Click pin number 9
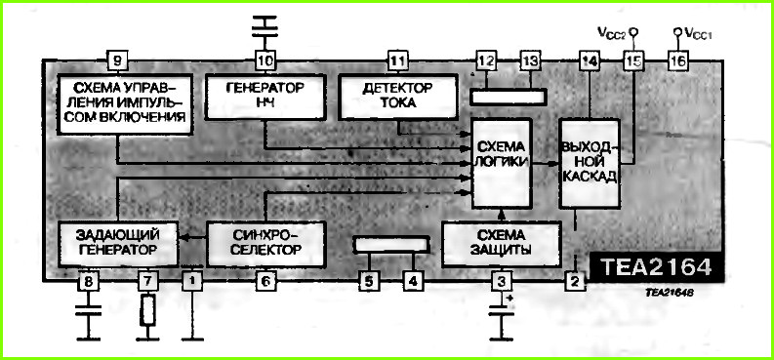click(117, 61)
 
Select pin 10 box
click(265, 61)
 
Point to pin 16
click(679, 61)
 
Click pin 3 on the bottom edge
click(502, 282)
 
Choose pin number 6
click(265, 282)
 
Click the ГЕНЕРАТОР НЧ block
click(265, 97)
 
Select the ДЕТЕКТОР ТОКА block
click(397, 97)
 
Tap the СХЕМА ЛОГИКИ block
click(502, 162)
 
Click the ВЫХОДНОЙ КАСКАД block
click(590, 163)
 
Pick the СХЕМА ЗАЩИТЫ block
click(501, 244)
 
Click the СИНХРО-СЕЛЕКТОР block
click(266, 244)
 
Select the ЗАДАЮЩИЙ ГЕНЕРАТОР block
click(117, 244)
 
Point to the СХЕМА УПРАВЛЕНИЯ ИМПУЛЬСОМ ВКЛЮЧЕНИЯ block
click(125, 103)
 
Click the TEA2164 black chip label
click(656, 267)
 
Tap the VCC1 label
click(699, 33)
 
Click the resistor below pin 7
click(147, 309)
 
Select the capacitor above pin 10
click(265, 27)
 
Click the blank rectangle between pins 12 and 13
click(508, 97)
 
